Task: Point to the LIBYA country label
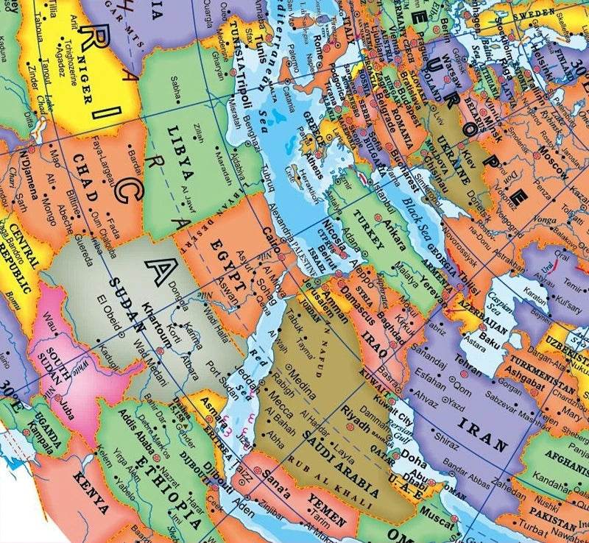tap(180, 155)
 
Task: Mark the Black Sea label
tap(417, 216)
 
